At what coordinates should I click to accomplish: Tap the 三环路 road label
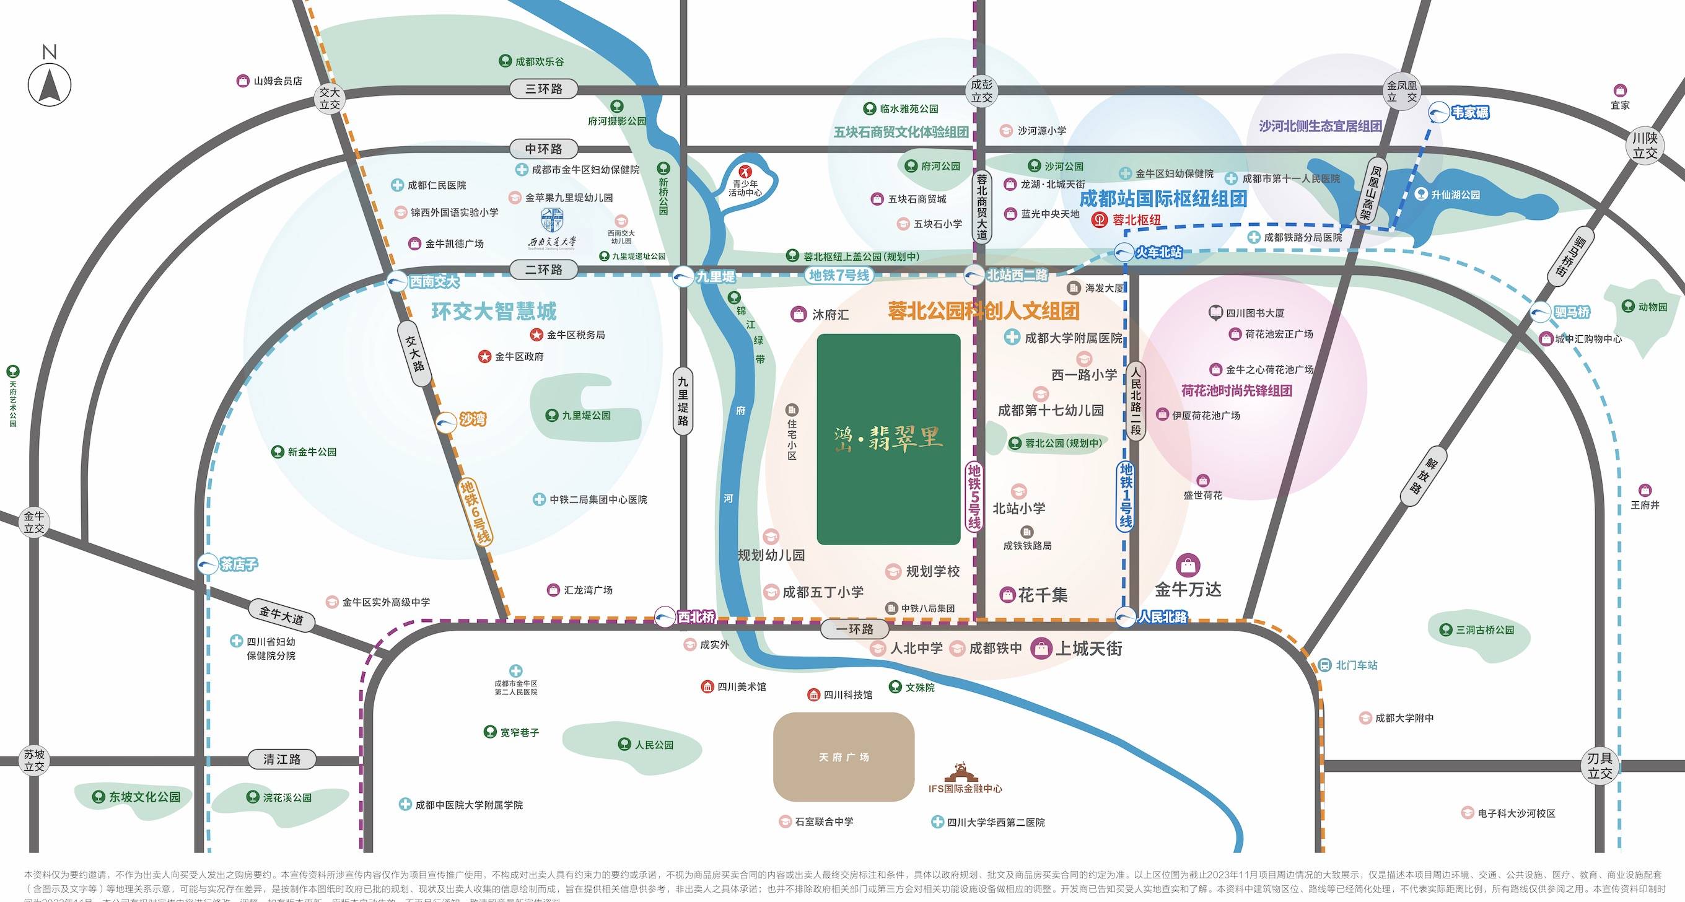click(543, 89)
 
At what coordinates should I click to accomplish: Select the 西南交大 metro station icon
click(397, 282)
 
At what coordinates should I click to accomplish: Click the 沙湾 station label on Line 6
click(472, 419)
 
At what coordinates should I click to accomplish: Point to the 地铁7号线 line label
click(839, 276)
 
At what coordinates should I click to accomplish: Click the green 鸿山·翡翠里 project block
click(888, 439)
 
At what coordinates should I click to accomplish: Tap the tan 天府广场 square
click(843, 757)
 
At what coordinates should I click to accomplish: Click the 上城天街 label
click(1089, 648)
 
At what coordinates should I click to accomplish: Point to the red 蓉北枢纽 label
click(1137, 221)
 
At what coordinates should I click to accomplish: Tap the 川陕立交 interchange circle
click(1645, 146)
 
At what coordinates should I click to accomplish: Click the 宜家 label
click(1620, 105)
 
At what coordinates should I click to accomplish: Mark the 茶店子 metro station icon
click(208, 564)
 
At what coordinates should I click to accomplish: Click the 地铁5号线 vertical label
click(974, 496)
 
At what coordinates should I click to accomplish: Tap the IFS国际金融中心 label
click(965, 789)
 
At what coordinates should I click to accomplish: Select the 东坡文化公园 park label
click(144, 797)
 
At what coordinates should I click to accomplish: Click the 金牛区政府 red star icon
click(484, 356)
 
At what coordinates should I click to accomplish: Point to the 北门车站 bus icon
click(1324, 665)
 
